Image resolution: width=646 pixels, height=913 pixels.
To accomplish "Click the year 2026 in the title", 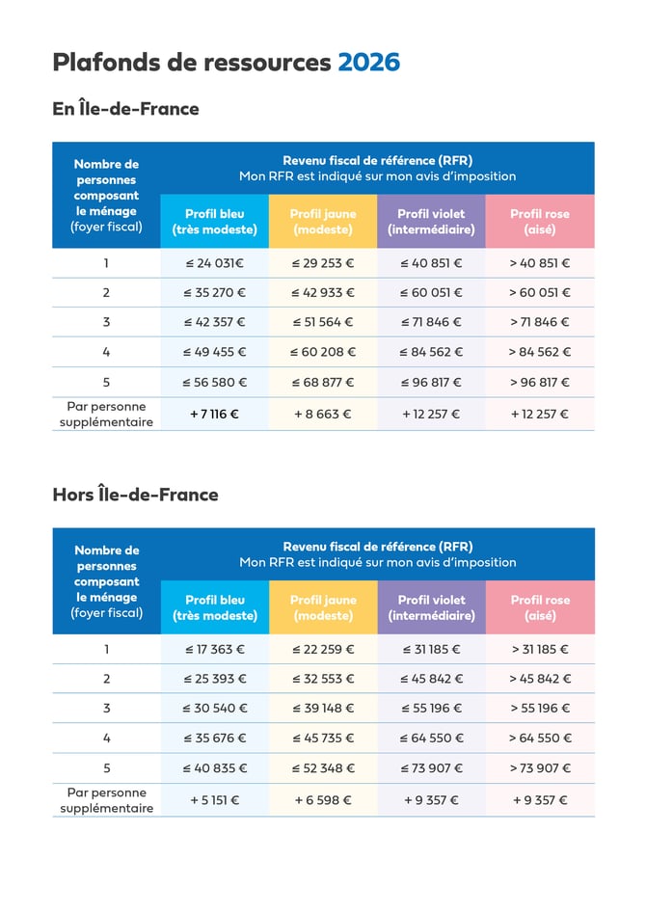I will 368,63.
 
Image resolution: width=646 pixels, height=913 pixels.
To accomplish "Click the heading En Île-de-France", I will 125,109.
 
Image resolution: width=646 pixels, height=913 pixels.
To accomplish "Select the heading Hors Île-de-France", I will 135,495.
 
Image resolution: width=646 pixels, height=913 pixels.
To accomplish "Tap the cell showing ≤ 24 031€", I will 214,263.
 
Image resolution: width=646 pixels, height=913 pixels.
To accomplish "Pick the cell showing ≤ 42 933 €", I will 323,293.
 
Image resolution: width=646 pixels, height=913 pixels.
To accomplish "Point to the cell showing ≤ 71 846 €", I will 431,322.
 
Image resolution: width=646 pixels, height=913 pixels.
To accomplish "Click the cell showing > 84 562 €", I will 540,352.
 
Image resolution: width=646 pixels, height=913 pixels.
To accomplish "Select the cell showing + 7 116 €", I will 214,414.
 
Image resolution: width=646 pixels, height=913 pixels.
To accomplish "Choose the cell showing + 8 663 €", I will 323,414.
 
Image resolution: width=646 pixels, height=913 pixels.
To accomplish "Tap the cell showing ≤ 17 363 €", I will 214,649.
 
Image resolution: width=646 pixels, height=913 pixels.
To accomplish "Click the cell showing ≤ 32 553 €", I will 323,679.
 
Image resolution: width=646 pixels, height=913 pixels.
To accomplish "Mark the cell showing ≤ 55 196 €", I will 431,708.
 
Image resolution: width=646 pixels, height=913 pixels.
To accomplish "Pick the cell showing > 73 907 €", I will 540,768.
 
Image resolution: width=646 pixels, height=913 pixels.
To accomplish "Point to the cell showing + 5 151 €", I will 214,799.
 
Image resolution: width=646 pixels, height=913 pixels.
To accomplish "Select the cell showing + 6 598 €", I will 323,799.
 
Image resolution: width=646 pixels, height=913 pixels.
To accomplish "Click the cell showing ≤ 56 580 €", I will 214,383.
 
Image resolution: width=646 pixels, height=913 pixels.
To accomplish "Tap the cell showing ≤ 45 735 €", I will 323,738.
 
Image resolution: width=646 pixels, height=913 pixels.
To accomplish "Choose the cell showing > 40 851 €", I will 540,263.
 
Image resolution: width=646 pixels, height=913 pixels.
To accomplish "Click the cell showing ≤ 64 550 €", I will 431,738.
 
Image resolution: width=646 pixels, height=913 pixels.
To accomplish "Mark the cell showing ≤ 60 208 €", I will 323,352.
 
